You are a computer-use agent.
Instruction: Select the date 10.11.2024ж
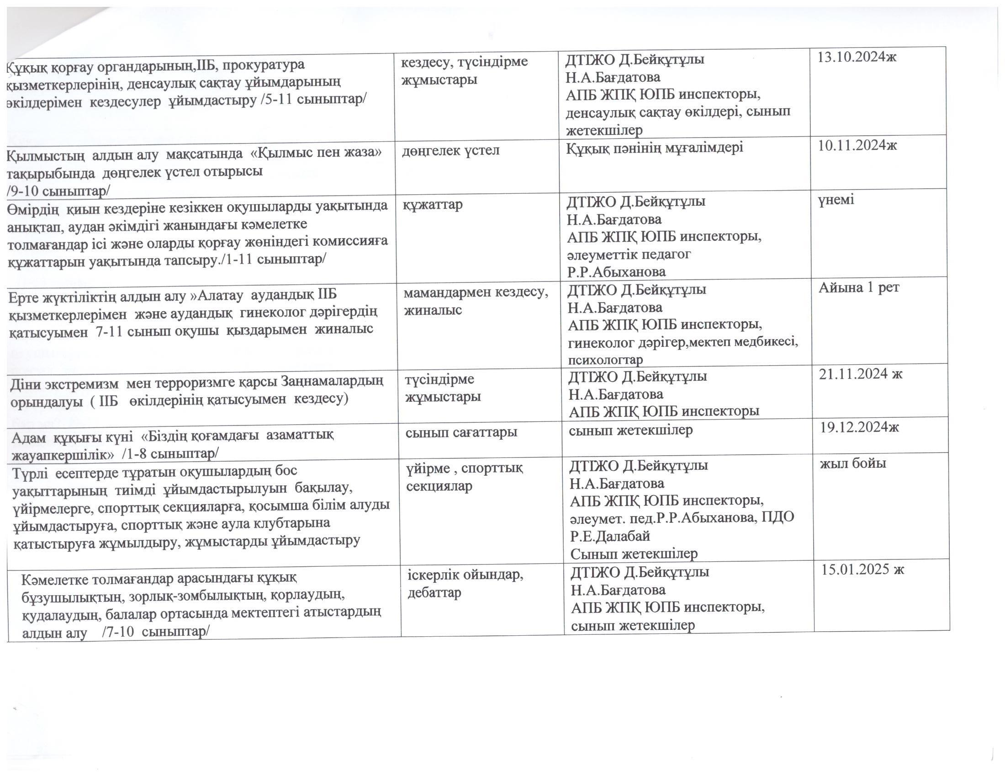pos(857,145)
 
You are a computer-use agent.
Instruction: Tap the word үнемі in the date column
pos(836,200)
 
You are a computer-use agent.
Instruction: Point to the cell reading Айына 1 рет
pos(859,287)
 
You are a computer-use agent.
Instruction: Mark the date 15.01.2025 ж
pos(863,569)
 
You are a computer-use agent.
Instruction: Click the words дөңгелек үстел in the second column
pos(450,150)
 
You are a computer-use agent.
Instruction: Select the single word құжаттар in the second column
pos(433,204)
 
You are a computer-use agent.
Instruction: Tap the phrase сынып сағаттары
pos(461,432)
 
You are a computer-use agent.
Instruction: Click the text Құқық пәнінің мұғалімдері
pos(655,148)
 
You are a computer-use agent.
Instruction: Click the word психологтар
pos(606,360)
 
